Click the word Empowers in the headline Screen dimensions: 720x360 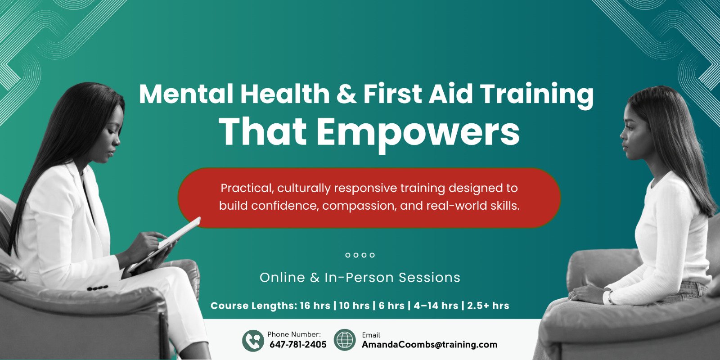(x=418, y=132)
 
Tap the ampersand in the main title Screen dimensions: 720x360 (x=346, y=94)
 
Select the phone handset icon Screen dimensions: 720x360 (x=253, y=340)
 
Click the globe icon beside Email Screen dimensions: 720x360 (x=345, y=340)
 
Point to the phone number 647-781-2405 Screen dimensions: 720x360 (x=298, y=345)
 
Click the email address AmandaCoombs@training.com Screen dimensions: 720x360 (x=429, y=345)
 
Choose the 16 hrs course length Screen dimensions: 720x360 (x=315, y=306)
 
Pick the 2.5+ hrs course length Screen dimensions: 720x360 (x=488, y=306)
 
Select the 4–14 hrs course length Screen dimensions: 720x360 (x=436, y=306)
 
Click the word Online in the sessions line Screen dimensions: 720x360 (x=282, y=278)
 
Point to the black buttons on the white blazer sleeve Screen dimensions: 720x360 (x=97, y=288)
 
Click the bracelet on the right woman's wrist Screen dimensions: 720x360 (x=609, y=297)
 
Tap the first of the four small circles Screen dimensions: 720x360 (x=347, y=255)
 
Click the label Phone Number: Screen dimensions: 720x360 (x=294, y=334)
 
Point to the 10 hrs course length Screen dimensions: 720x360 (x=354, y=306)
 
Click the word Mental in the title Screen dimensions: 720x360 (x=186, y=94)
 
